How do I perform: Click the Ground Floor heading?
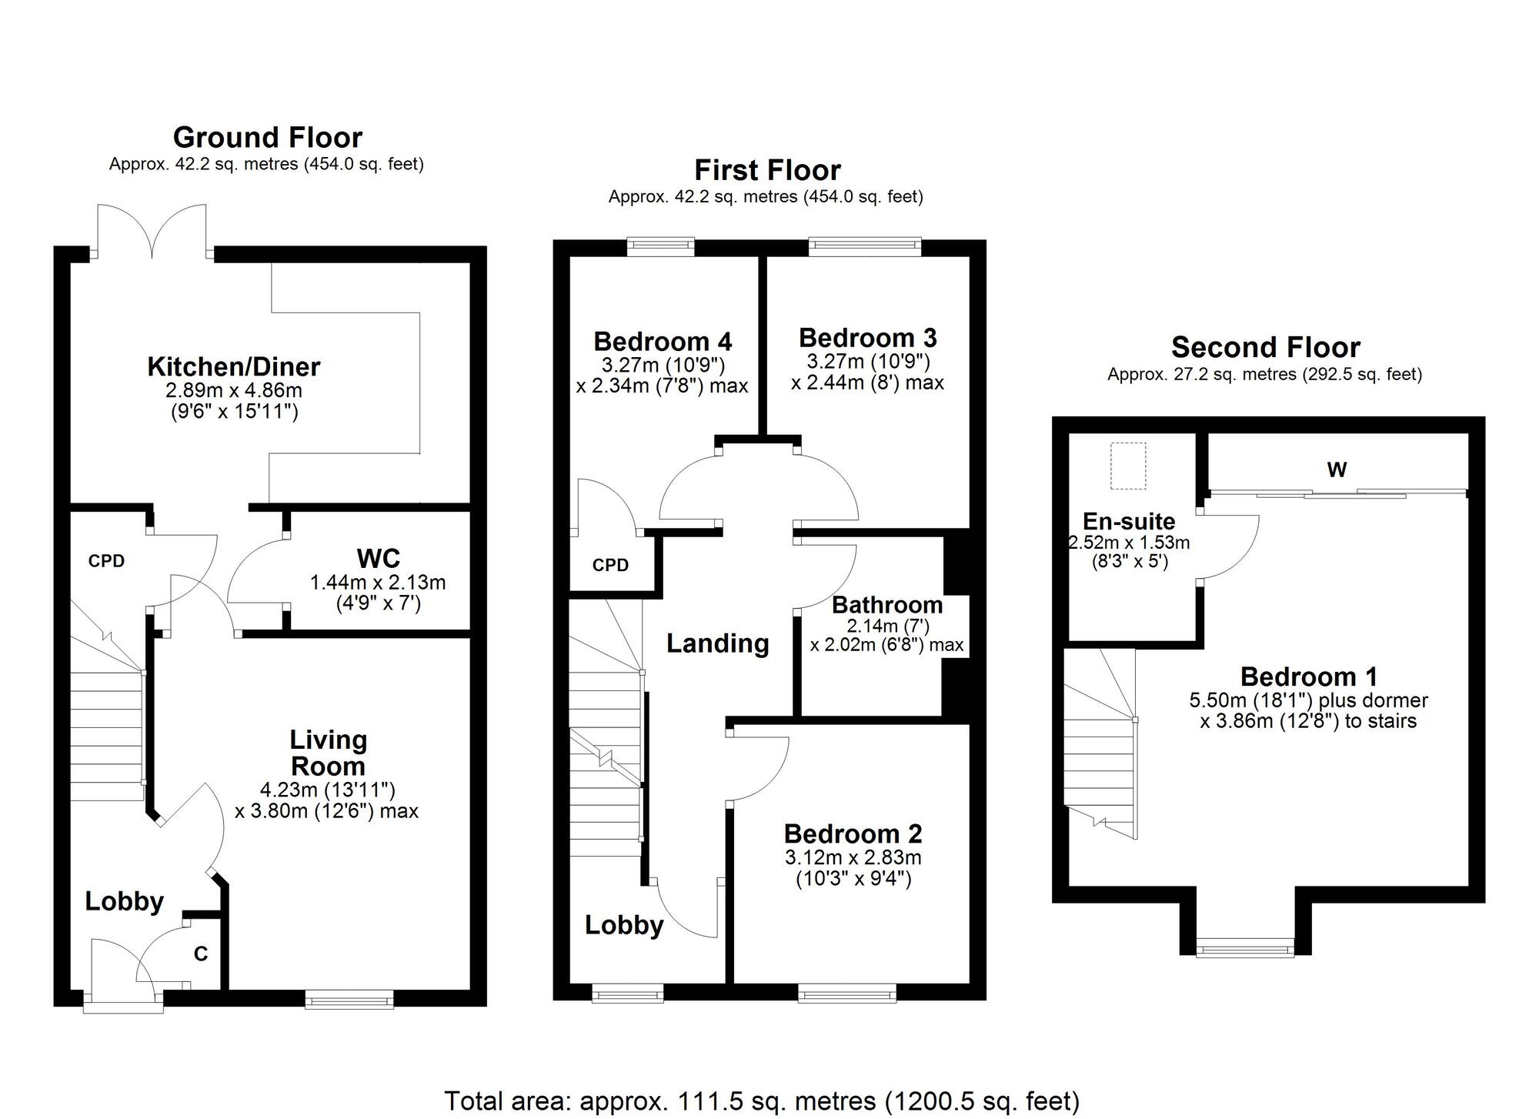(x=268, y=138)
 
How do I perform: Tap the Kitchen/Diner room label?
(x=234, y=366)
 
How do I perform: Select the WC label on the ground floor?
(x=379, y=558)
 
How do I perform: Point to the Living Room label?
(x=328, y=753)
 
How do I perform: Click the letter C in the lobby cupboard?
(x=201, y=954)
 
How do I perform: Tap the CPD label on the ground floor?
(x=106, y=561)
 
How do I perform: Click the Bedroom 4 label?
(x=663, y=341)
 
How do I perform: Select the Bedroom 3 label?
(x=868, y=338)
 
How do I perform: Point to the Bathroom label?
(x=887, y=605)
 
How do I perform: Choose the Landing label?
(x=718, y=643)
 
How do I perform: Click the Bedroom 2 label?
(x=853, y=833)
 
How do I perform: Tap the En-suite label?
(x=1129, y=521)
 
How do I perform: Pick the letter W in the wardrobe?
(x=1337, y=469)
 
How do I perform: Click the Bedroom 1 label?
(x=1309, y=676)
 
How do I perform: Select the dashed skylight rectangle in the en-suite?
(x=1129, y=466)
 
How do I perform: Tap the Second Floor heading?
(x=1266, y=348)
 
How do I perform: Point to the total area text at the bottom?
(x=762, y=1101)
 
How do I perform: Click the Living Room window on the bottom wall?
(x=349, y=999)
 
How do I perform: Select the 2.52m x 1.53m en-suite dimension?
(x=1129, y=543)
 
